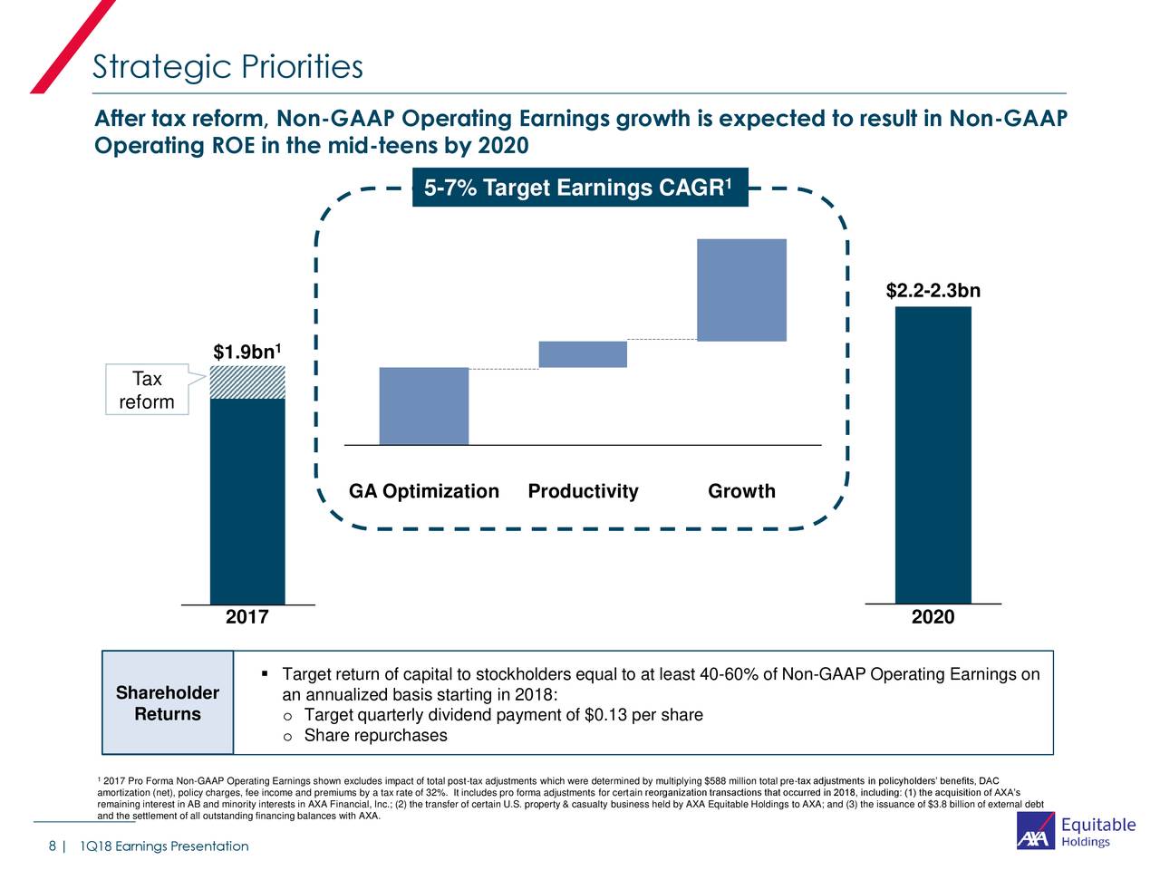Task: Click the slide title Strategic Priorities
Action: (227, 67)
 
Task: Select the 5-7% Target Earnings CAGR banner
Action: (579, 188)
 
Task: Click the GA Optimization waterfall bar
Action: (423, 406)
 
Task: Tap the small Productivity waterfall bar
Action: (583, 354)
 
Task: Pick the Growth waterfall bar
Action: (741, 290)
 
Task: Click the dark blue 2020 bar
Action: (933, 453)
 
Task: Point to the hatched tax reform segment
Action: (247, 382)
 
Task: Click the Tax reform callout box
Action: (147, 391)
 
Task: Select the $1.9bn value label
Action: (247, 352)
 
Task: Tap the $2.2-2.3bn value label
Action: (933, 291)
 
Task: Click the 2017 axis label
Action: (246, 617)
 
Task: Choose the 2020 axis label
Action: (933, 617)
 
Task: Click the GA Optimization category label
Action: (423, 491)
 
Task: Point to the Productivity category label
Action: (583, 491)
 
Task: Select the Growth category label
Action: (741, 491)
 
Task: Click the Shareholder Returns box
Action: (168, 703)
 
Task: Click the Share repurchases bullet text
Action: (375, 735)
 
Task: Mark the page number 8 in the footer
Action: (53, 846)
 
